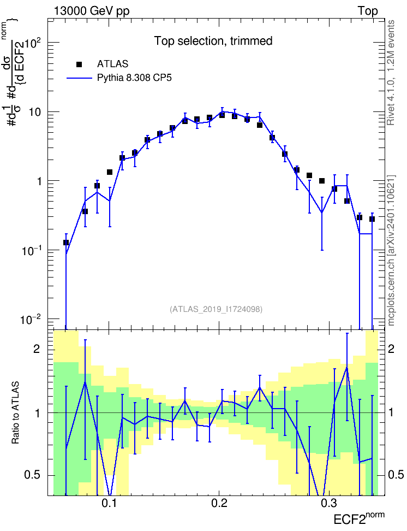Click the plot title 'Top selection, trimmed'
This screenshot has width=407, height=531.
pyautogui.click(x=213, y=41)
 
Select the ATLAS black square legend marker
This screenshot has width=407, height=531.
pyautogui.click(x=79, y=64)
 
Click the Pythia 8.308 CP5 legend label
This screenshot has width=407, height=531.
pyautogui.click(x=134, y=78)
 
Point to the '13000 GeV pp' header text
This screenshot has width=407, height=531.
pyautogui.click(x=92, y=11)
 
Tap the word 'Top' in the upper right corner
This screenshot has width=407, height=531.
pyautogui.click(x=368, y=11)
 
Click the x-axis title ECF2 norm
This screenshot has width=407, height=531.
pyautogui.click(x=359, y=518)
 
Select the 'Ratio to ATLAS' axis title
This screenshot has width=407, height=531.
pyautogui.click(x=15, y=412)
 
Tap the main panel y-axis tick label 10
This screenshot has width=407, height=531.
pyautogui.click(x=34, y=112)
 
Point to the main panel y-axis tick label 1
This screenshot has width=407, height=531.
pyautogui.click(x=39, y=181)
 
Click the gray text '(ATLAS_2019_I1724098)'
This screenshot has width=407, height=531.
pyautogui.click(x=216, y=309)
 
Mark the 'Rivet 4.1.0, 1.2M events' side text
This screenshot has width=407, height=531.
pyautogui.click(x=391, y=73)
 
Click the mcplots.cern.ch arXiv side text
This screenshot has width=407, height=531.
pyautogui.click(x=391, y=250)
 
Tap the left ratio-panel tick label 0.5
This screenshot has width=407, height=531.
pyautogui.click(x=32, y=475)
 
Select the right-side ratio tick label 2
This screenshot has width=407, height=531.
pyautogui.click(x=391, y=349)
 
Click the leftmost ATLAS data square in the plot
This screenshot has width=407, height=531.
pyautogui.click(x=66, y=243)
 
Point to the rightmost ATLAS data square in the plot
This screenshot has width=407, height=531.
pyautogui.click(x=372, y=219)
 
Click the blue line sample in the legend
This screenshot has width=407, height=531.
pyautogui.click(x=80, y=78)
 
